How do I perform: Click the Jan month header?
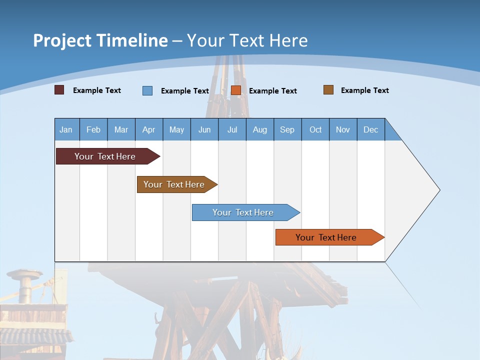coord(66,129)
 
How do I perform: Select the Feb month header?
coord(93,129)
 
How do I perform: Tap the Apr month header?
coord(148,129)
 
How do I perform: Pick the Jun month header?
coord(204,129)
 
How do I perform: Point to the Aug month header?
coord(259,129)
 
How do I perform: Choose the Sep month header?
coord(287,129)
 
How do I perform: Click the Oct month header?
coord(315,129)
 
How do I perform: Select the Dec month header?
coord(370,129)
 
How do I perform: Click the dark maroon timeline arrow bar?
coord(105,156)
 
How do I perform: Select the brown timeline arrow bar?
coord(174,184)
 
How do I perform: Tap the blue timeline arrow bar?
coord(243,212)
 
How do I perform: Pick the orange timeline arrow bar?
coord(326,237)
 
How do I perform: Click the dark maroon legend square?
coord(59,90)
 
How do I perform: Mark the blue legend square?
coord(147,90)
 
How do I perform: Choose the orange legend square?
coord(236,90)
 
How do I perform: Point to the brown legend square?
coord(328,90)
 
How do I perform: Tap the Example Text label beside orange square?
coord(272,90)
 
